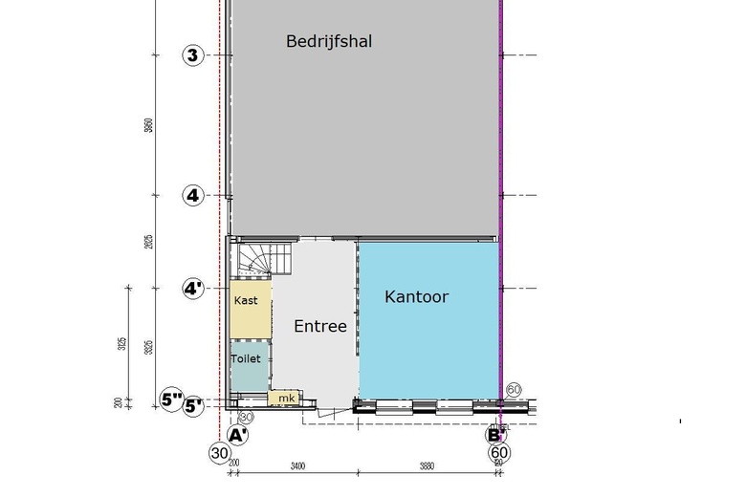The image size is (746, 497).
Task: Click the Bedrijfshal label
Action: click(328, 41)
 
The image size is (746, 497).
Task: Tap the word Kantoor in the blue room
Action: click(416, 297)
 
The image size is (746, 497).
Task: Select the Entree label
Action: click(319, 326)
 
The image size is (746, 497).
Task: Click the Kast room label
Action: click(246, 301)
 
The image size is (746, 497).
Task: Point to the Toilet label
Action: click(246, 358)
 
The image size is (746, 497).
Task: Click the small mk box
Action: click(285, 398)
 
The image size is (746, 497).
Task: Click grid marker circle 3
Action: click(192, 55)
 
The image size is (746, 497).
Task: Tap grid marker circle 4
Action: click(192, 196)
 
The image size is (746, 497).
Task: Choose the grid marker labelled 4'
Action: click(193, 288)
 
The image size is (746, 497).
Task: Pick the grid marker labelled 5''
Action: click(171, 400)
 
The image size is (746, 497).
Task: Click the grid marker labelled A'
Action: click(238, 435)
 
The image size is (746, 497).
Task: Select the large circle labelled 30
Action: click(219, 453)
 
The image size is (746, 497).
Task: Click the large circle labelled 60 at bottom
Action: click(498, 453)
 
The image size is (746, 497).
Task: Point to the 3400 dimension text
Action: click(296, 467)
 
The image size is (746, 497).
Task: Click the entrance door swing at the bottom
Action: click(330, 412)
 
